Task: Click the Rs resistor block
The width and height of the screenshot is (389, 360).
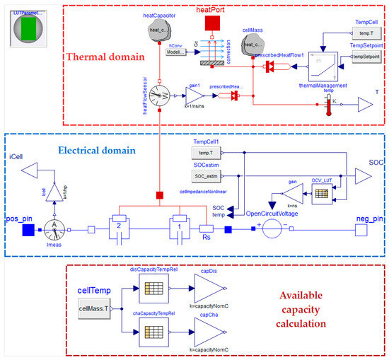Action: tap(207, 230)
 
